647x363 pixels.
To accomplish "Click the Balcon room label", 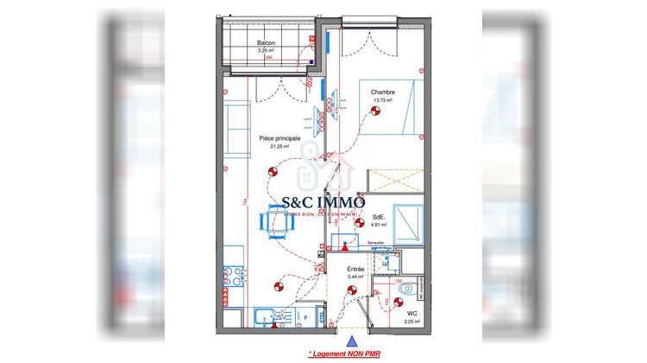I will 266,43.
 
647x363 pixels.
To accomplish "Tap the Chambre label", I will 383,92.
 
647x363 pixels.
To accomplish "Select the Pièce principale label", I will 280,138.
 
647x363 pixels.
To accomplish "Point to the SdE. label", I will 379,216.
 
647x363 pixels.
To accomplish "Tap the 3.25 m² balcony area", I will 266,51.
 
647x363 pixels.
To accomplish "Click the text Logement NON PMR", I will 343,353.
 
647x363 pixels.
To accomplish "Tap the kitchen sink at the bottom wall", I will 264,318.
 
